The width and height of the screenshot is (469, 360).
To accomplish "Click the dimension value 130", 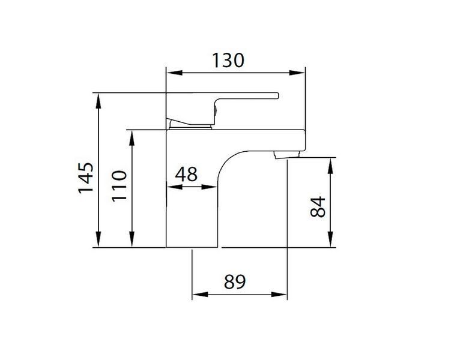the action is coord(228,61).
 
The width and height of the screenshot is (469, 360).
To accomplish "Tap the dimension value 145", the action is coord(86,178).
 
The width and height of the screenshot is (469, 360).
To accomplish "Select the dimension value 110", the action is coord(120,186).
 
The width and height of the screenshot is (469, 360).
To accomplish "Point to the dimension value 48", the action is coord(186,174).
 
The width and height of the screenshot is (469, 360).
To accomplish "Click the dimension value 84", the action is coord(318,207).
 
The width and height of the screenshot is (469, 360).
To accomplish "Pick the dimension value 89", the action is coord(235,281).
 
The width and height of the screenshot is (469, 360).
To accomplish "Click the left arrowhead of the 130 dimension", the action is coord(174,73).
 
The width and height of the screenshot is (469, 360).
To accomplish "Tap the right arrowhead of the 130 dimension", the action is coord(297,73).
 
